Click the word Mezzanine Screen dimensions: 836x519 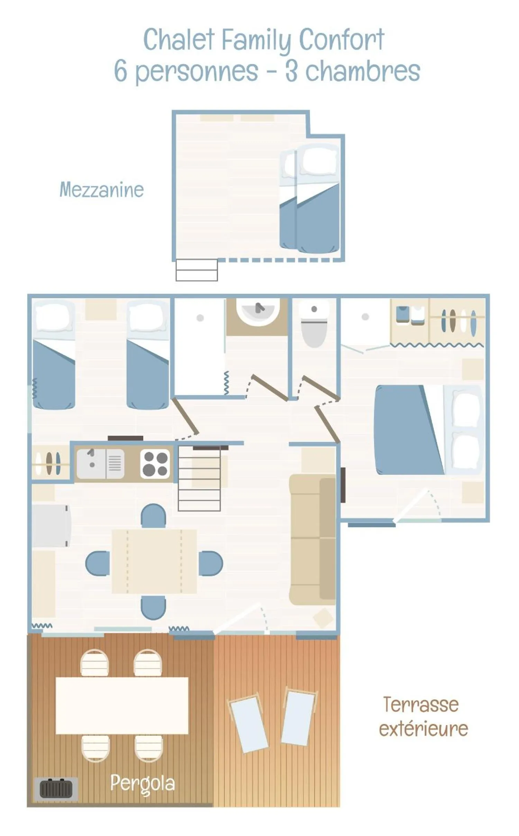click(101, 190)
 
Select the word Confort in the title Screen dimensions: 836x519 click(342, 39)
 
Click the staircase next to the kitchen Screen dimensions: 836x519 click(199, 479)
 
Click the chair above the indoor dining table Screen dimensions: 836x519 click(153, 515)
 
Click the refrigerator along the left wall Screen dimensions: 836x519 click(51, 526)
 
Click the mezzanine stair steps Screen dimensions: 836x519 click(197, 270)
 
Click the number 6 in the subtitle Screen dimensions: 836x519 click(120, 71)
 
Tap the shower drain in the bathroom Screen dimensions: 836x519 click(200, 318)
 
